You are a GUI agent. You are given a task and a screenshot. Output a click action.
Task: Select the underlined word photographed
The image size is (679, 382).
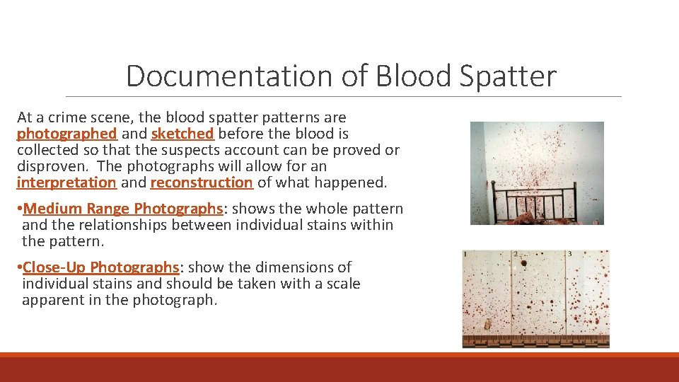66,134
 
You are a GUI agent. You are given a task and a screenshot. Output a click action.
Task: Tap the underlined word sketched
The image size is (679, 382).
182,134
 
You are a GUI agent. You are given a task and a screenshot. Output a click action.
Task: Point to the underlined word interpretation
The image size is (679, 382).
66,183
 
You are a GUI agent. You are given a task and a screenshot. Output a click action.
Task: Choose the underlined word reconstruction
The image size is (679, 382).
202,183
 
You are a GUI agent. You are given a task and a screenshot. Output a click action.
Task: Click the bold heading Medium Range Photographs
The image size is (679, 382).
122,209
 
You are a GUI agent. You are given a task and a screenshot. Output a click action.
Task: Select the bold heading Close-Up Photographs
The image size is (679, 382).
101,267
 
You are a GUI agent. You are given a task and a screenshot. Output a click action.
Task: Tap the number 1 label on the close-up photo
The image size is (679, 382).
465,254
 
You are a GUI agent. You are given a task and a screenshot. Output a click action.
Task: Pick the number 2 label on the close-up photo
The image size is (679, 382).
516,254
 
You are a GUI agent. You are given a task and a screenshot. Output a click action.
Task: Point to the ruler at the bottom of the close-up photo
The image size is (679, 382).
535,342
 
